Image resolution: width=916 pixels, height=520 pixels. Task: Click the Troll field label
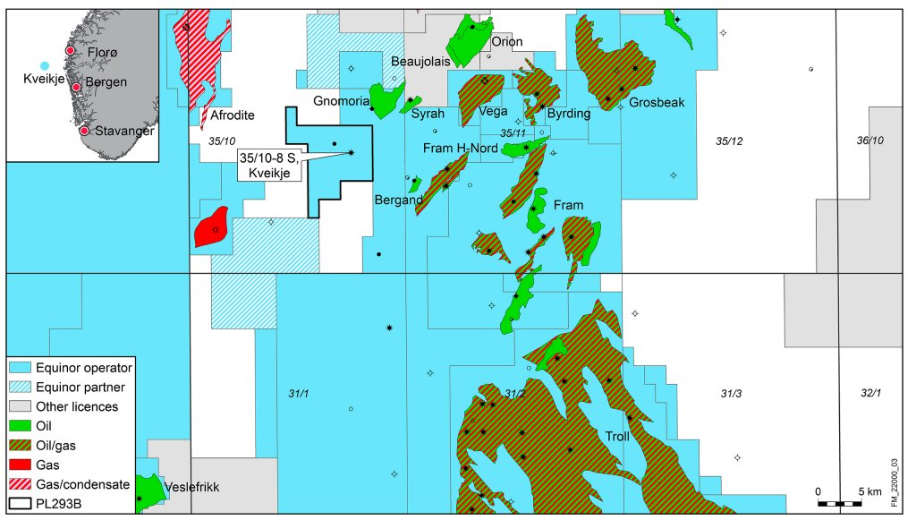click(617, 437)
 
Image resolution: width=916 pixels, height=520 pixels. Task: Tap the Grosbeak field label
click(656, 102)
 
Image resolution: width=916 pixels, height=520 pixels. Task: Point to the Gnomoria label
click(337, 100)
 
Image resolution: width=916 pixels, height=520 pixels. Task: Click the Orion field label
click(505, 41)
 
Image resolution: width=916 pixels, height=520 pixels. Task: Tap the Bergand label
click(398, 199)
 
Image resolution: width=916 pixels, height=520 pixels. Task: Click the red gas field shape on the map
click(211, 228)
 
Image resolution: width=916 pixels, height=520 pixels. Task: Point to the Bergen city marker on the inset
click(77, 88)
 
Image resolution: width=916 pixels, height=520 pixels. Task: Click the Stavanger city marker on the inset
click(84, 131)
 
